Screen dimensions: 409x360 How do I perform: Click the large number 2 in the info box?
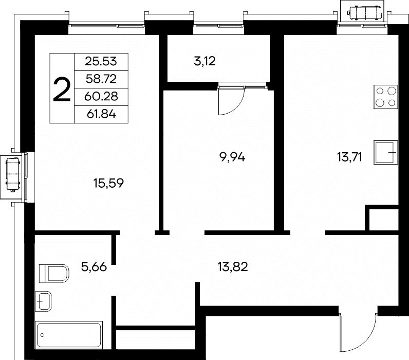point(62,89)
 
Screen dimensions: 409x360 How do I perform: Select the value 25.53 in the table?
point(101,62)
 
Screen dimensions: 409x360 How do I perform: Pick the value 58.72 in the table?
point(101,79)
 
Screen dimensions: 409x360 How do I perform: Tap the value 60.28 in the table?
point(101,96)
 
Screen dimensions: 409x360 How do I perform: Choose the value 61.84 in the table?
point(101,114)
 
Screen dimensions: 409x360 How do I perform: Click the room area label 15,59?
point(108,183)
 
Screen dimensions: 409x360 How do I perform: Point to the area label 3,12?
point(205,61)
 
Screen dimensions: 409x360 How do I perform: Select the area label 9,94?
point(232,157)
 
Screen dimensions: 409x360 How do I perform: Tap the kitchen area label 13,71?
point(349,157)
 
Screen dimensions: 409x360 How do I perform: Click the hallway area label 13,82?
point(233,267)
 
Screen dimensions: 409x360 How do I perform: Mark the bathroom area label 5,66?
point(94,267)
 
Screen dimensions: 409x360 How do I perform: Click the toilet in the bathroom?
point(54,273)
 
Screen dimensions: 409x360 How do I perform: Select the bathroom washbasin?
point(43,301)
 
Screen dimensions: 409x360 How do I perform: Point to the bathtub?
point(69,335)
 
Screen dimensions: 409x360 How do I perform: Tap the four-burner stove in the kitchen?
point(386,97)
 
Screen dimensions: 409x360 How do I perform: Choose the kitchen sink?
point(386,152)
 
